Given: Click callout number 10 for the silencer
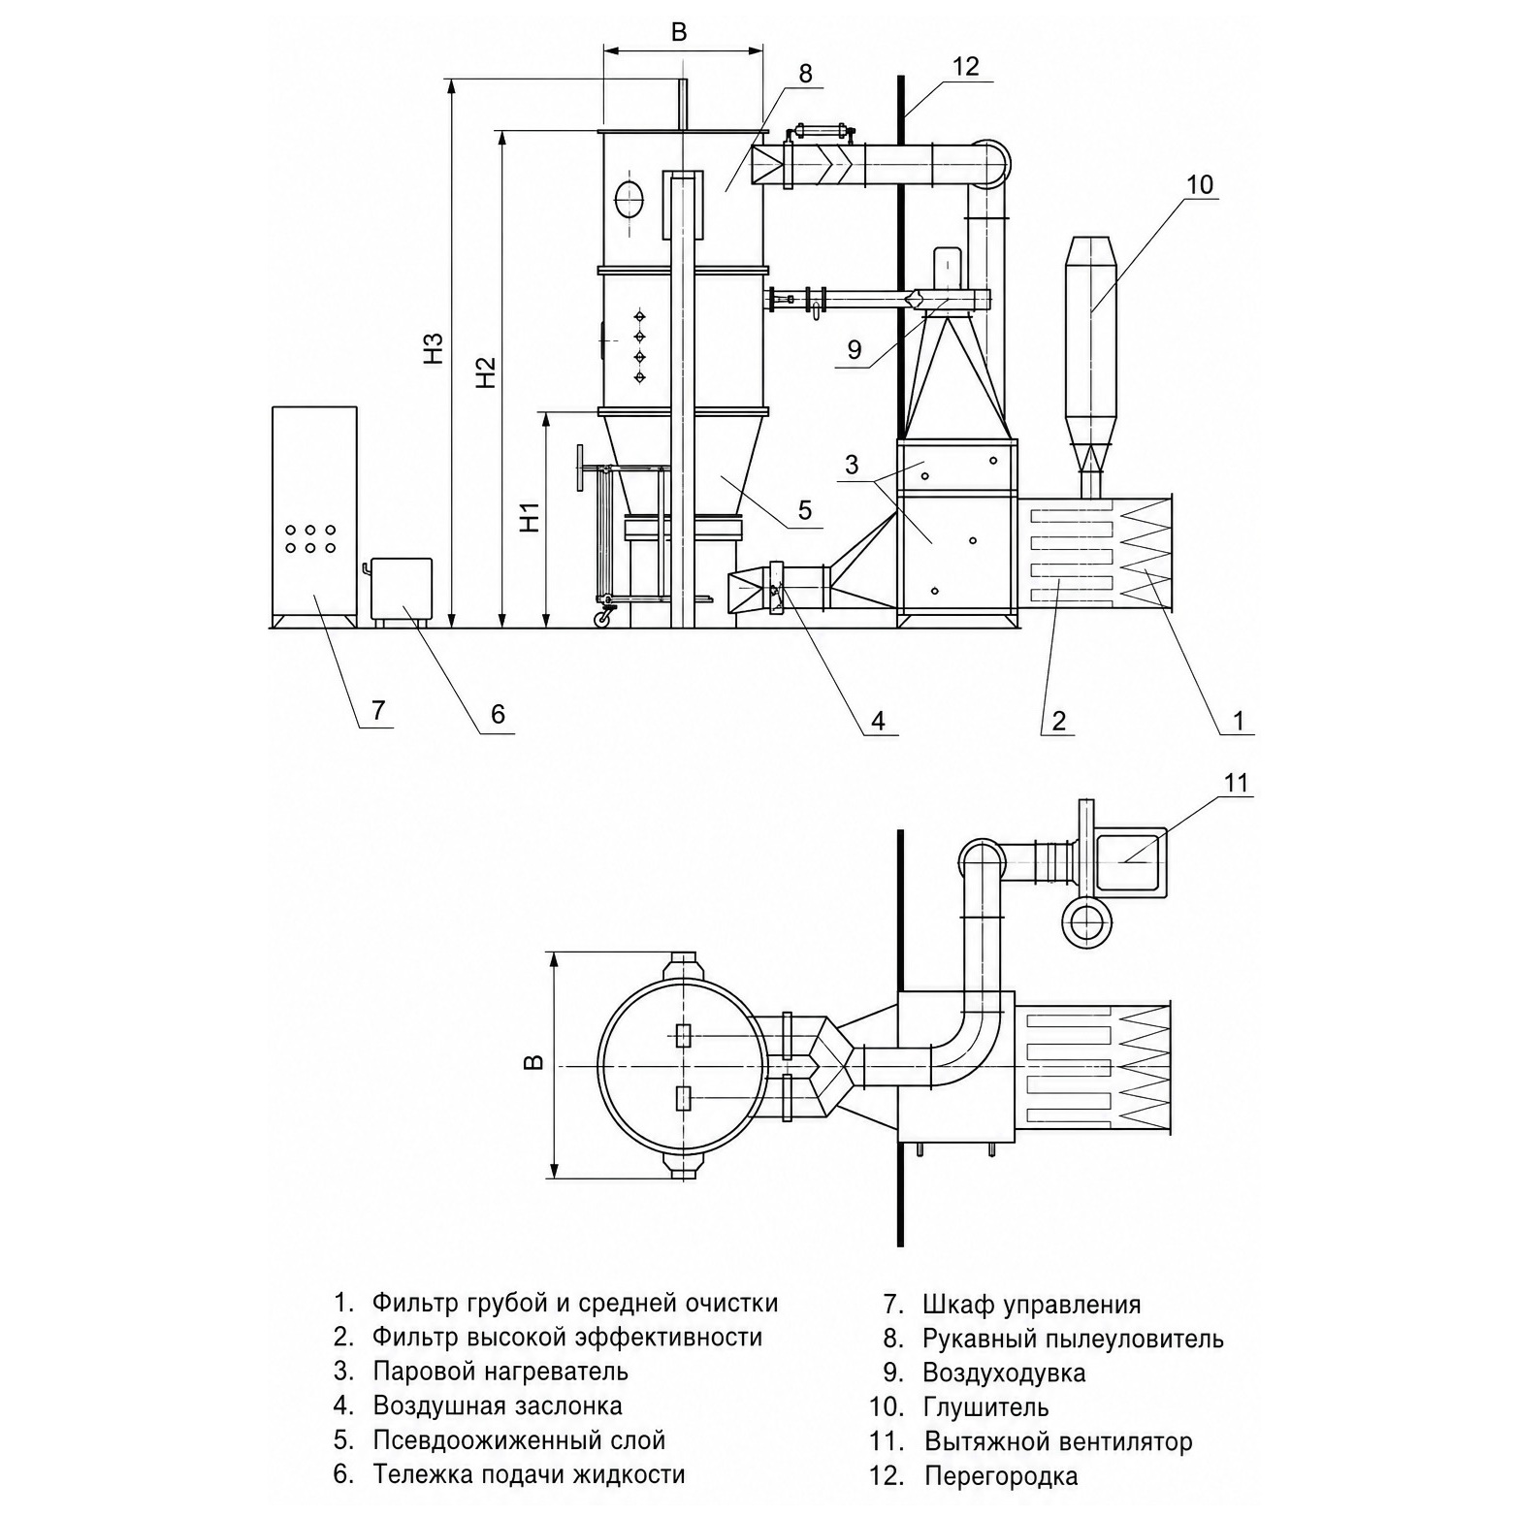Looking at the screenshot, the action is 1200,184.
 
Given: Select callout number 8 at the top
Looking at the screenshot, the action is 806,74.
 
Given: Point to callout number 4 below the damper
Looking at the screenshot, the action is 878,721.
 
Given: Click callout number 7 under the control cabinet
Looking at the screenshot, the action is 378,711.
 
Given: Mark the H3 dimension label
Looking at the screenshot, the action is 434,349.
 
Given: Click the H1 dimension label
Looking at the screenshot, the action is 530,517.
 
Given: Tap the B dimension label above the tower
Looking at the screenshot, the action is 679,32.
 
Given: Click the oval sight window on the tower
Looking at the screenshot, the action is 629,199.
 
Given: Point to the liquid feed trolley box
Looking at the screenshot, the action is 402,589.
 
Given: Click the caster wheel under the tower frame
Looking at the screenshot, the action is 603,616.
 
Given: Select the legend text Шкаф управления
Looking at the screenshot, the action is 1032,1305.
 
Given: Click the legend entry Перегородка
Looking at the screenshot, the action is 1001,1476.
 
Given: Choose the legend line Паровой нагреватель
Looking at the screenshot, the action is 500,1372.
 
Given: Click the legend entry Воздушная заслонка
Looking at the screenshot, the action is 498,1405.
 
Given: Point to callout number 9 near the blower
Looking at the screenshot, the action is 854,349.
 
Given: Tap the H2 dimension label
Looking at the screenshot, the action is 486,373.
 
